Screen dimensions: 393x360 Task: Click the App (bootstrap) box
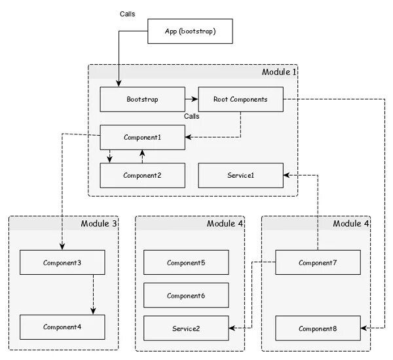190,31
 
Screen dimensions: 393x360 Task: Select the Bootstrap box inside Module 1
142,100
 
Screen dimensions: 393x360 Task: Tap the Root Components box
240,100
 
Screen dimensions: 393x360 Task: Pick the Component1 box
142,138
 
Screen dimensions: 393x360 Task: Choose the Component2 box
142,175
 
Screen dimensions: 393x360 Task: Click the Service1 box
240,175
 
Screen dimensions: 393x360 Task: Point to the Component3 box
62,262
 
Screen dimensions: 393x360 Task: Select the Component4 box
62,327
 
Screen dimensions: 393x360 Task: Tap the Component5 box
186,262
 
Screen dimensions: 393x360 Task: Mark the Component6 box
186,295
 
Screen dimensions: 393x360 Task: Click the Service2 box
186,328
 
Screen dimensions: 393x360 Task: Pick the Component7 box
318,262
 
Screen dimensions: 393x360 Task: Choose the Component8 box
318,328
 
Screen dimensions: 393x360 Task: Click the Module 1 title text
279,72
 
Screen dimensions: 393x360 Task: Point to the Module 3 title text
99,224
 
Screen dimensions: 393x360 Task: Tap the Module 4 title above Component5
225,224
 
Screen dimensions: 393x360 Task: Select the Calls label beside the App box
127,14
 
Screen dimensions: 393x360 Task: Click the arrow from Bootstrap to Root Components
191,100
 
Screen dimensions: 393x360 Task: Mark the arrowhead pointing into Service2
232,328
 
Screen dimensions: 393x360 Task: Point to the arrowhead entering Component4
93,311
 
